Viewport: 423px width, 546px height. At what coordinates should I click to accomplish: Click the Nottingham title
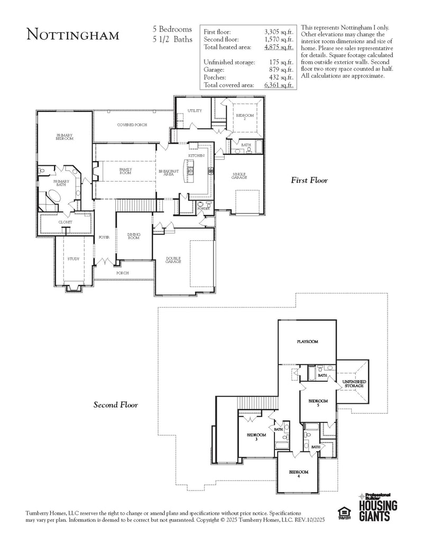pos(73,35)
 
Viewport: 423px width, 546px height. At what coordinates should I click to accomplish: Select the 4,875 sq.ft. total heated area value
pos(279,47)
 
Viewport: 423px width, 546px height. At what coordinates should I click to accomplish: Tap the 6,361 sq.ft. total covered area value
pos(279,85)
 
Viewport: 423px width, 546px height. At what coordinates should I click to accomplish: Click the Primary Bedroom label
pos(65,137)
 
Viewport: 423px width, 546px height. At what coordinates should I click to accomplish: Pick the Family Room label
pos(125,171)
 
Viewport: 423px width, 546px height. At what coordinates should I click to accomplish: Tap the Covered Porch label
pos(132,125)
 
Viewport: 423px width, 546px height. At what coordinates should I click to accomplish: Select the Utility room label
pos(195,111)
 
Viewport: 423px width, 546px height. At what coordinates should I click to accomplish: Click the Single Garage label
pos(240,176)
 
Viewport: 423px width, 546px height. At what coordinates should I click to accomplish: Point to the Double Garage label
pos(173,260)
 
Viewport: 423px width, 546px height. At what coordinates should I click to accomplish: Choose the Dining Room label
pos(134,237)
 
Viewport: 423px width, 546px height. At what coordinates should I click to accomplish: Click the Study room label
pos(73,259)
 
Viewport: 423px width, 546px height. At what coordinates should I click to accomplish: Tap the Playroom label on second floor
pos(307,342)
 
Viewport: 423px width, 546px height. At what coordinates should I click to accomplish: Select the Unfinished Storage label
pos(354,383)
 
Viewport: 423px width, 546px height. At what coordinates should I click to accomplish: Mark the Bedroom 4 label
pos(298,474)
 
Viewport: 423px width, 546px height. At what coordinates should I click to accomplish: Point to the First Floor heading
pos(309,181)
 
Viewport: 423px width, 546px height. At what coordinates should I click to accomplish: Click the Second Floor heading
pos(116,405)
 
